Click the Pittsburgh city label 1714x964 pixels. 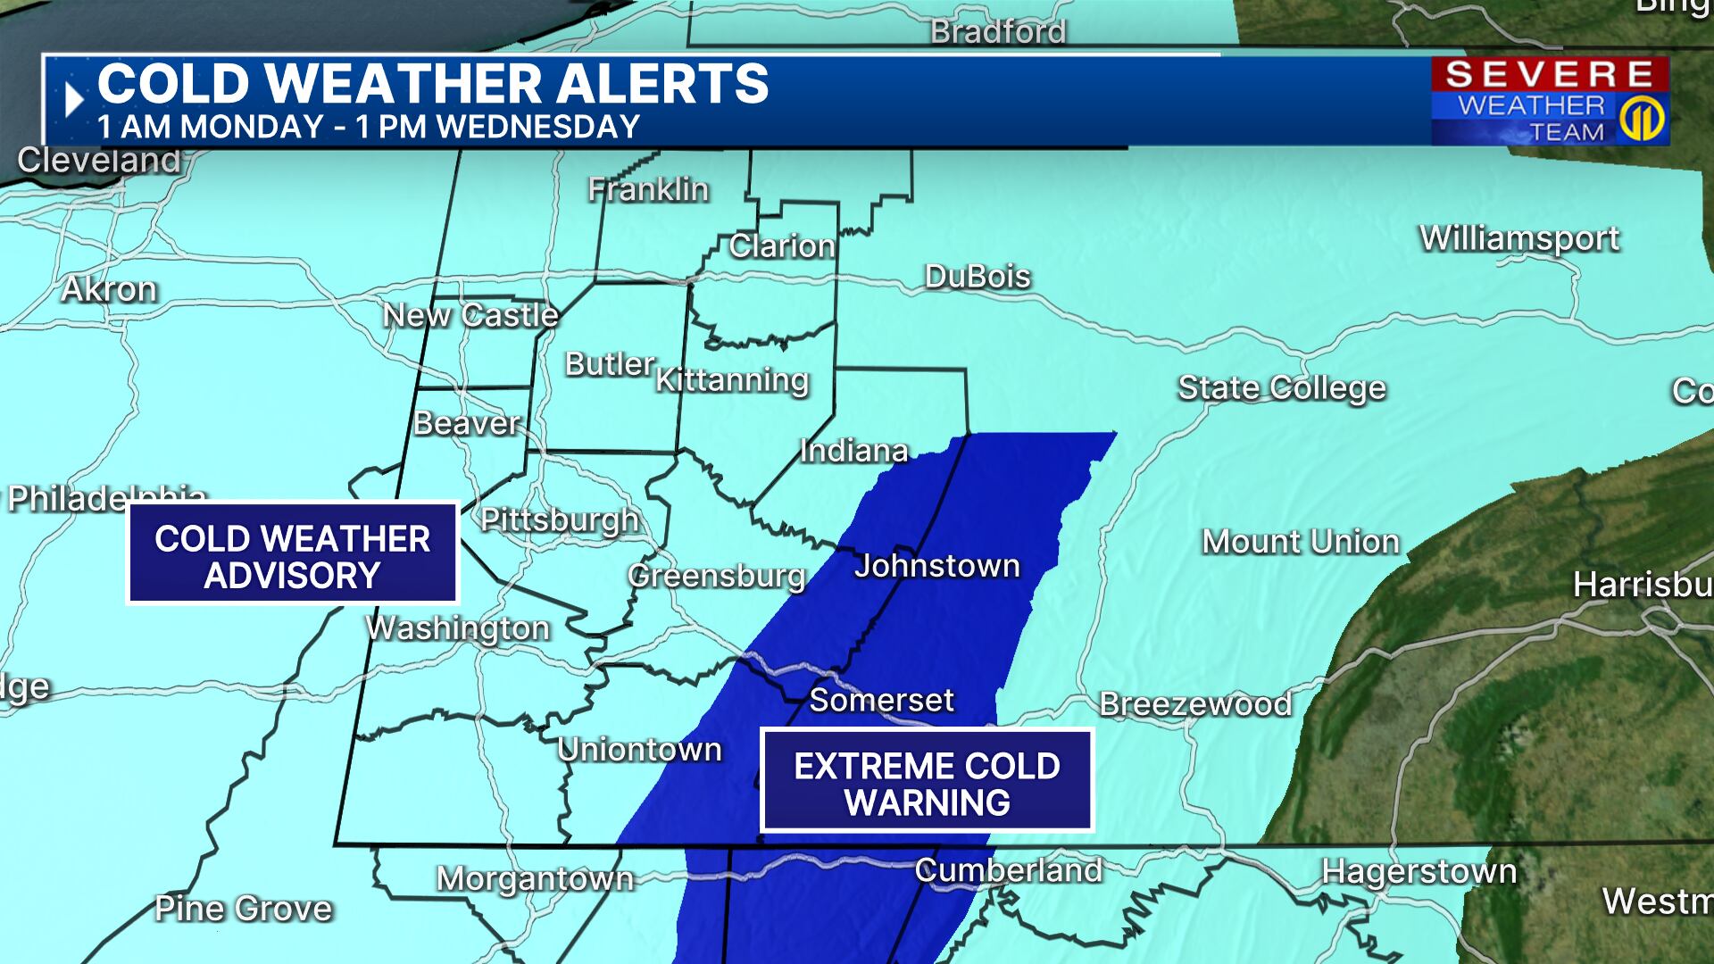pos(560,519)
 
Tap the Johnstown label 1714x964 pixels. pos(936,566)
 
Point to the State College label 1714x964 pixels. pos(1281,388)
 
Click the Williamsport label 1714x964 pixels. pos(1518,238)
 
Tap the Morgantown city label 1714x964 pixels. pos(535,878)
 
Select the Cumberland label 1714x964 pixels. pos(1008,870)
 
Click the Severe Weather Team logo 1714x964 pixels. pos(1550,101)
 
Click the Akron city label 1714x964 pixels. pos(109,290)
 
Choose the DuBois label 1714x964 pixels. pos(978,277)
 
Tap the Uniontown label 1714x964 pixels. pos(639,750)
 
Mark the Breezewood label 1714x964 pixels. pos(1194,704)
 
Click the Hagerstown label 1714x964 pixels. pos(1419,871)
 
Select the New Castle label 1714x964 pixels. pos(470,315)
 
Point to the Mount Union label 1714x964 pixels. pos(1300,542)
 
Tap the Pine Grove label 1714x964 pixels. pos(243,909)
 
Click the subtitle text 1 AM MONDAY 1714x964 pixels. pos(210,128)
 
